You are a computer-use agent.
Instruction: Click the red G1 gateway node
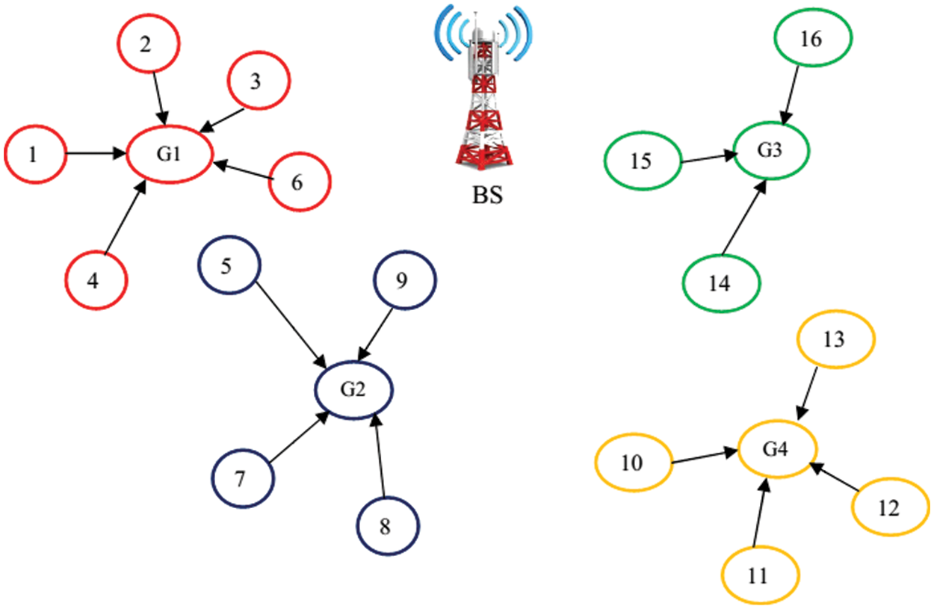point(170,155)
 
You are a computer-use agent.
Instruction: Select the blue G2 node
point(353,389)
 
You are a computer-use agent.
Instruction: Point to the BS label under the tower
point(486,197)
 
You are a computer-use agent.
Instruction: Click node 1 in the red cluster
point(33,155)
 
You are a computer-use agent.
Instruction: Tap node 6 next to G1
point(299,182)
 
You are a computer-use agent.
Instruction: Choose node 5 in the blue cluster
point(229,267)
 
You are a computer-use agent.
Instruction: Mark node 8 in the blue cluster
point(386,526)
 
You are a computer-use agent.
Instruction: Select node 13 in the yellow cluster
point(835,339)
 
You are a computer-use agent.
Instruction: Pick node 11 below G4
point(760,576)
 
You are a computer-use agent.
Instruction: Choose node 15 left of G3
point(642,161)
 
